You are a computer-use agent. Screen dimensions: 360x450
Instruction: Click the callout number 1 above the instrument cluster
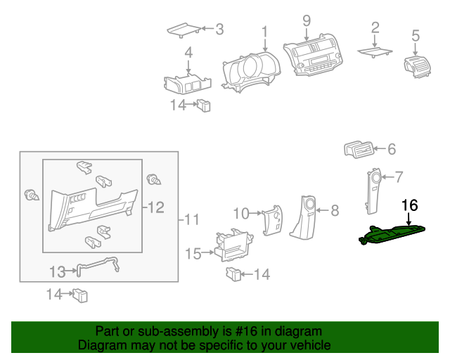pyautogui.click(x=265, y=32)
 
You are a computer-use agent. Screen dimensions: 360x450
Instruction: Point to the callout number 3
pyautogui.click(x=219, y=30)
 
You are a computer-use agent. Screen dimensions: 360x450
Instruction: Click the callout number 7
pyautogui.click(x=398, y=176)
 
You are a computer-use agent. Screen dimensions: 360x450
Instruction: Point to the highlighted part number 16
pyautogui.click(x=409, y=205)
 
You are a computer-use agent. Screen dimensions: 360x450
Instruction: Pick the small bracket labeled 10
pyautogui.click(x=271, y=222)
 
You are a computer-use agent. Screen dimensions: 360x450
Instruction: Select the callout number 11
pyautogui.click(x=191, y=220)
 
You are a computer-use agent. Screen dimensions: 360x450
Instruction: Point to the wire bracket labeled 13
pyautogui.click(x=96, y=265)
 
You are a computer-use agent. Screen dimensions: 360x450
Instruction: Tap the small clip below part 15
pyautogui.click(x=233, y=273)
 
